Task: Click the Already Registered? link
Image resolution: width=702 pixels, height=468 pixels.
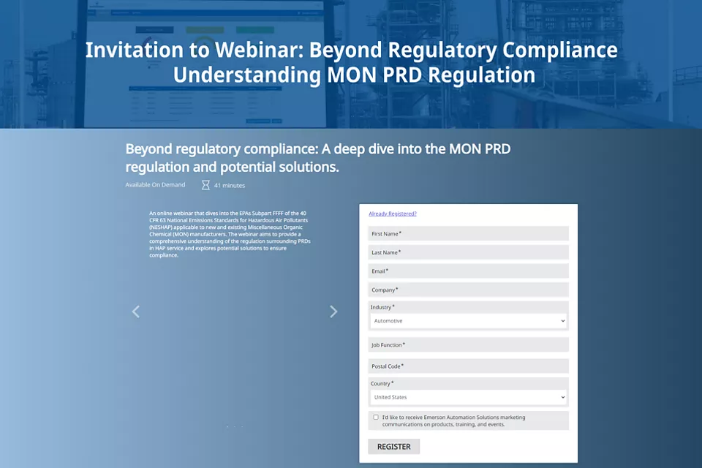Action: pyautogui.click(x=393, y=214)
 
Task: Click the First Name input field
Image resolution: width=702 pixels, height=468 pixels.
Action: pyautogui.click(x=468, y=233)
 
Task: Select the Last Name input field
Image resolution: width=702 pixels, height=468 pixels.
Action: pyautogui.click(x=468, y=252)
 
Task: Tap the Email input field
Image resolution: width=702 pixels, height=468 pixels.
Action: pyautogui.click(x=468, y=271)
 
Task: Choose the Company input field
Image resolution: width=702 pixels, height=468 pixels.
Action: pyautogui.click(x=468, y=290)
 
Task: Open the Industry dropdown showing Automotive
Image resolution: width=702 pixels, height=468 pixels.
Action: pyautogui.click(x=468, y=321)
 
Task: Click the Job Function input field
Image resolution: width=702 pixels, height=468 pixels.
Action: pyautogui.click(x=468, y=345)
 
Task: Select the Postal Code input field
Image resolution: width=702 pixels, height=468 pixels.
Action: pyautogui.click(x=468, y=366)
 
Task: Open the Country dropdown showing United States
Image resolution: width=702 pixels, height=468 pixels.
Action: pyautogui.click(x=468, y=397)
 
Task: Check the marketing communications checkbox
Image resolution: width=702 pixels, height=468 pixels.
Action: pyautogui.click(x=376, y=418)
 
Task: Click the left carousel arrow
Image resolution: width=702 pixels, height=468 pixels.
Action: pyautogui.click(x=135, y=312)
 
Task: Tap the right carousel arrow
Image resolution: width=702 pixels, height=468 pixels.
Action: pyautogui.click(x=333, y=312)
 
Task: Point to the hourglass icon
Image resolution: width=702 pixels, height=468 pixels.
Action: pyautogui.click(x=205, y=185)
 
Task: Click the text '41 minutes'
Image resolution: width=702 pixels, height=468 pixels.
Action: pyautogui.click(x=230, y=186)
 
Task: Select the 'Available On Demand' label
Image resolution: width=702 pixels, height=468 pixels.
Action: pyautogui.click(x=155, y=185)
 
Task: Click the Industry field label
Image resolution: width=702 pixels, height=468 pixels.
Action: pyautogui.click(x=382, y=307)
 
